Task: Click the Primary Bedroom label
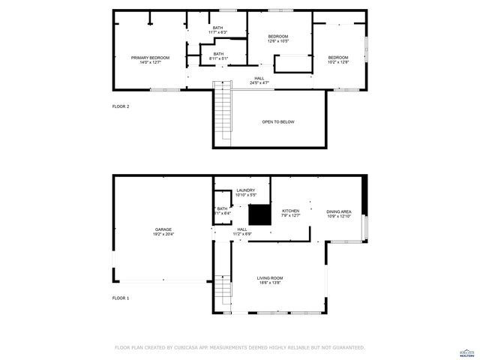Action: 150,60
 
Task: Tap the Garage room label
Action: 163,232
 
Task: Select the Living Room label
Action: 271,280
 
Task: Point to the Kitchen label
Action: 290,213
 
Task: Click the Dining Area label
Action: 338,213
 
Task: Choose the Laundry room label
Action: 246,193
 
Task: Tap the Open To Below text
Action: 277,121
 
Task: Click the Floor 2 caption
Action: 121,107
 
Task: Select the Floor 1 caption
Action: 121,298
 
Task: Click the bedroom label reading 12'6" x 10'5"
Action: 277,39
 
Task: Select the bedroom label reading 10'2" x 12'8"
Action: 337,60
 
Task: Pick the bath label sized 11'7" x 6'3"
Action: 217,31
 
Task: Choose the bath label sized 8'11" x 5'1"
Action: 217,55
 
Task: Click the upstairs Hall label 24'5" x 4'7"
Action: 259,80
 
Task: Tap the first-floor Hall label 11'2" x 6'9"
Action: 241,232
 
